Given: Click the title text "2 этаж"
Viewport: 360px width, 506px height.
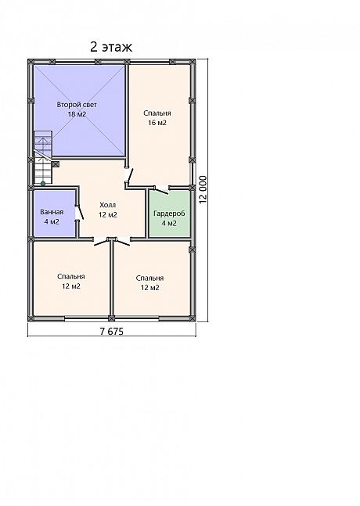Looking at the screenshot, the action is click(x=111, y=47).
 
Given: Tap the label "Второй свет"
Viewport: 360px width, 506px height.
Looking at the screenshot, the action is click(x=77, y=105).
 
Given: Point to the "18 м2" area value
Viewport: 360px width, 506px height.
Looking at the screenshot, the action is click(x=77, y=114).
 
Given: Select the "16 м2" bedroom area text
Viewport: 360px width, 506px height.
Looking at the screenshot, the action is click(x=157, y=123).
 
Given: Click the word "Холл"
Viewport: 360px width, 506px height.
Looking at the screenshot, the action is click(x=107, y=205).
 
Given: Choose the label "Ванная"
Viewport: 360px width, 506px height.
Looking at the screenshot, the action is click(x=52, y=212).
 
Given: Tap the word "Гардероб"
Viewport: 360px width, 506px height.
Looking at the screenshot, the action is click(x=169, y=214).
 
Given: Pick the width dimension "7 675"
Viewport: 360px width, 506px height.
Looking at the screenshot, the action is click(x=112, y=332).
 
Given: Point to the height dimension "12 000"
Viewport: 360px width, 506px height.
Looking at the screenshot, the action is click(x=203, y=190).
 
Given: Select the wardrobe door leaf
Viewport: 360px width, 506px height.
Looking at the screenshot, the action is click(x=161, y=191).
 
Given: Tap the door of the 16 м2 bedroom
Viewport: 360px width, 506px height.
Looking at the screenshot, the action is click(x=130, y=177).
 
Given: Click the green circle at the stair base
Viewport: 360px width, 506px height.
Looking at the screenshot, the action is click(x=43, y=184).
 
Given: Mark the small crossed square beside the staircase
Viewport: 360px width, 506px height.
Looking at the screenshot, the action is click(x=56, y=164).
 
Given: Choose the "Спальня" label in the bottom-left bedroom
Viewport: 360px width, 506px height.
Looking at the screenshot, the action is click(x=71, y=277).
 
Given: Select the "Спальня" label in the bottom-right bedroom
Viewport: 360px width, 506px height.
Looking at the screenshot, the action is click(x=149, y=278).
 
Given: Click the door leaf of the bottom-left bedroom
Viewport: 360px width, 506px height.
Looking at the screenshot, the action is click(x=101, y=242).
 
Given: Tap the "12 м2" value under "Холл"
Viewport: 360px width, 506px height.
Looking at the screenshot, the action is click(x=107, y=215).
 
